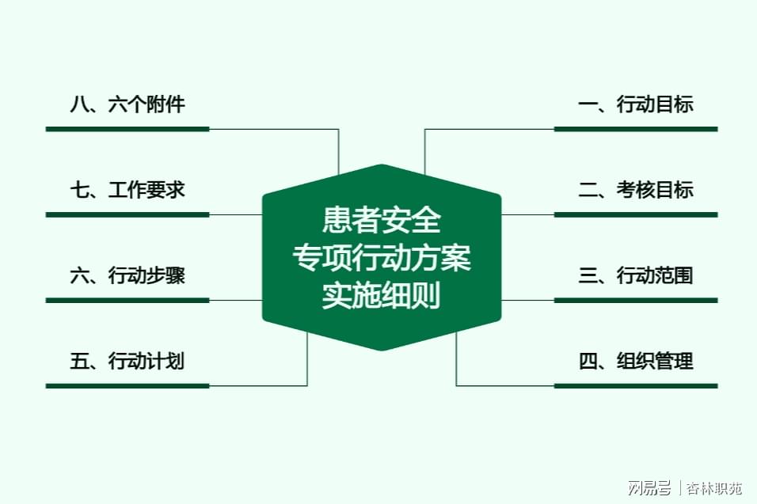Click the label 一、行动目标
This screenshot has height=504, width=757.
(x=636, y=104)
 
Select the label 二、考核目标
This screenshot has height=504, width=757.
(x=636, y=190)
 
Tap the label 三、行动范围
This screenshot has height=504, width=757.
(x=636, y=275)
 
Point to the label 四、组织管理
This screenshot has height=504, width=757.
(x=636, y=361)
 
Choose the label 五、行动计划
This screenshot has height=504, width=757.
(x=127, y=361)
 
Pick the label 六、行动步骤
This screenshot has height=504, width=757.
(x=127, y=275)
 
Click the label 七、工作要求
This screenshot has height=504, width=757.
(x=127, y=190)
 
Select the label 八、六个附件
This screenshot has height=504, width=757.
(x=127, y=104)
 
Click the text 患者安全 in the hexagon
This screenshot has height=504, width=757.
(x=382, y=219)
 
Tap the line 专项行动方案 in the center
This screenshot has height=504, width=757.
(x=382, y=257)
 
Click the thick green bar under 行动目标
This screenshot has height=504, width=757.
(x=636, y=129)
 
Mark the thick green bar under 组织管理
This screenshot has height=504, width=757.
(x=636, y=386)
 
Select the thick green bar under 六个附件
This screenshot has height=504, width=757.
(x=127, y=129)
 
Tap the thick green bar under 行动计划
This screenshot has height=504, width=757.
(x=127, y=386)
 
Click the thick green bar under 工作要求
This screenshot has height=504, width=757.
(x=127, y=214)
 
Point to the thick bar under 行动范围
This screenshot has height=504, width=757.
(x=636, y=301)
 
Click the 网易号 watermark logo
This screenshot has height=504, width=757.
(x=649, y=487)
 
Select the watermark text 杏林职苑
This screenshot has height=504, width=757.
(x=714, y=488)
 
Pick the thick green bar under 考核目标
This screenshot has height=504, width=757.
(x=636, y=214)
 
